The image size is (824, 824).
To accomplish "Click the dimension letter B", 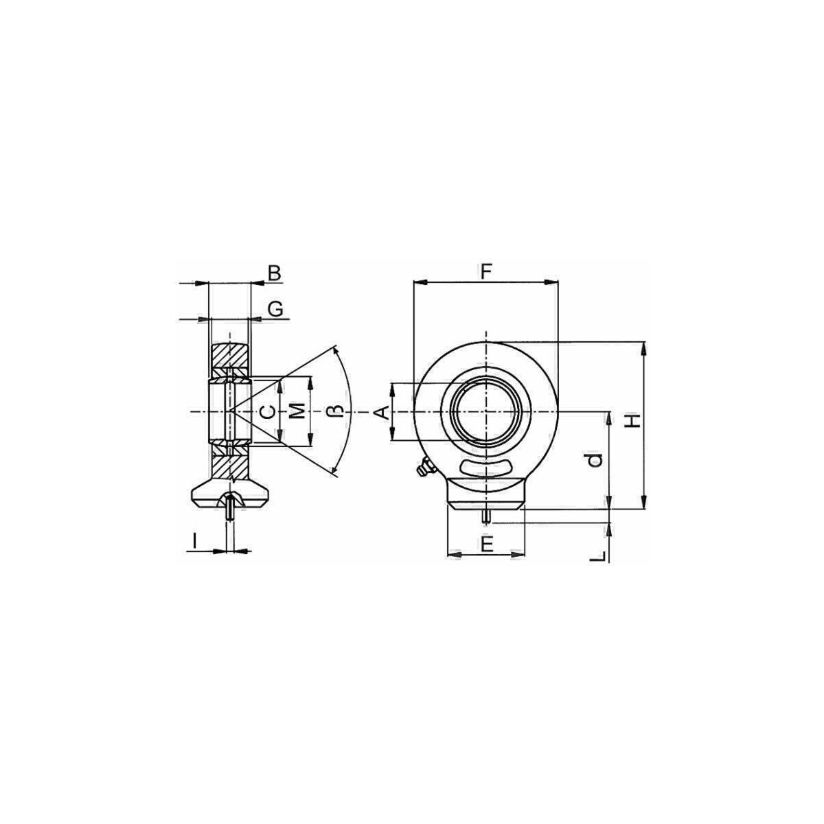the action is [x=274, y=273].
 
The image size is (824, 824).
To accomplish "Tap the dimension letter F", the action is [x=485, y=272].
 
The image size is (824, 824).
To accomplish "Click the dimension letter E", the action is [x=487, y=545].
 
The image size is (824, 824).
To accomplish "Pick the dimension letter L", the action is [x=598, y=556].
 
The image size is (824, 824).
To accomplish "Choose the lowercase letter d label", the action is [x=595, y=459].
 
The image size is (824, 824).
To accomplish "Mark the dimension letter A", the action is [x=382, y=413].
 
